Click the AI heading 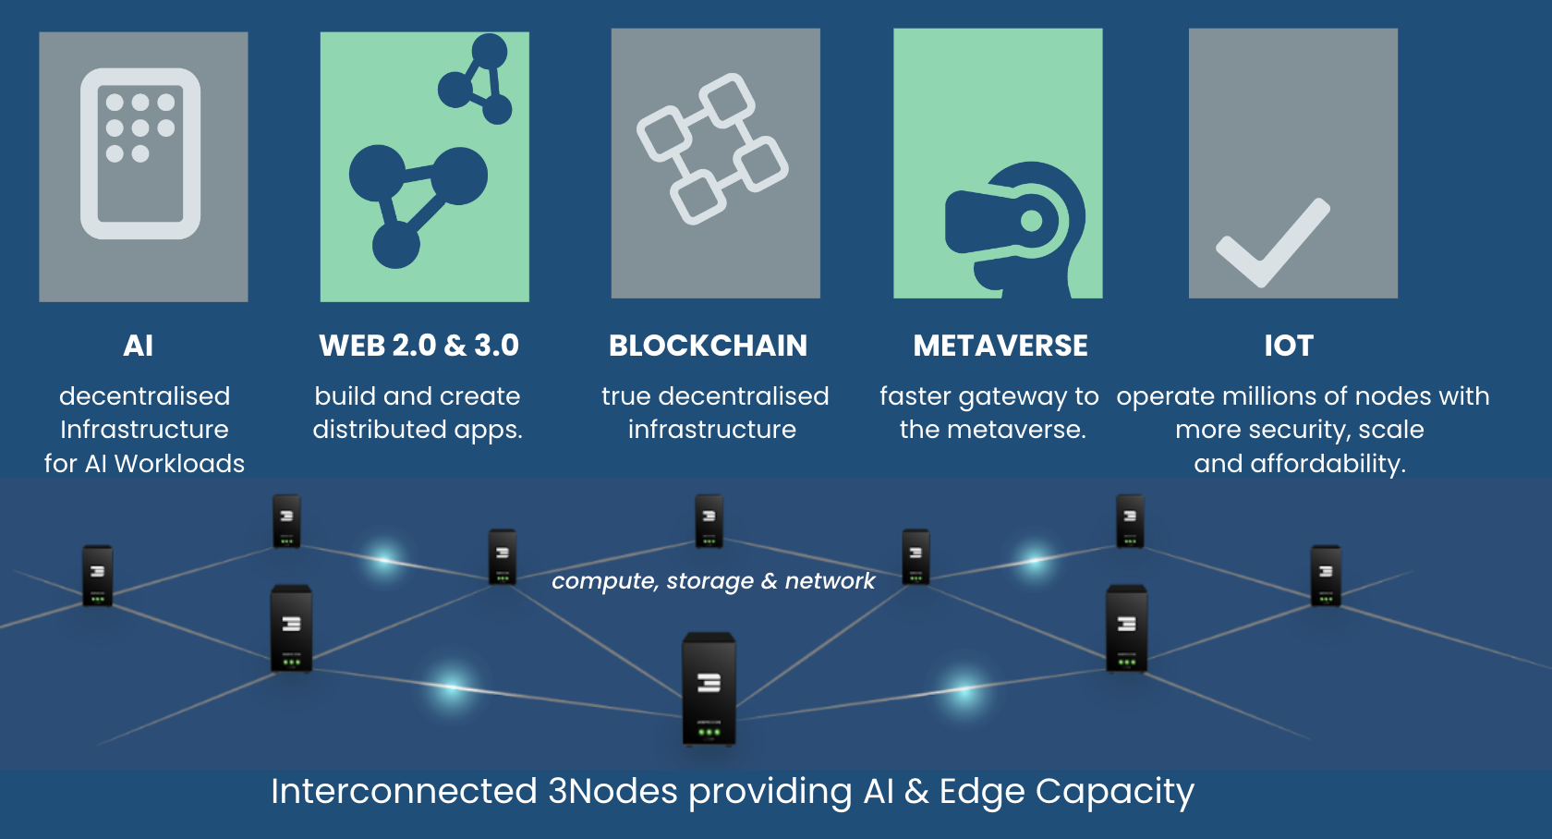(x=139, y=346)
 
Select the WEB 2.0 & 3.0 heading (x=418, y=346)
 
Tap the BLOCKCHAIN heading (x=708, y=346)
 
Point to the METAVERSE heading (x=1000, y=346)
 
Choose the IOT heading (x=1289, y=346)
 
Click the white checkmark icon (x=1273, y=242)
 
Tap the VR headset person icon (x=1016, y=227)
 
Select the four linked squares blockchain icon (x=712, y=148)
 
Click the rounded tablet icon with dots (x=140, y=153)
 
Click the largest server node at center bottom (x=709, y=688)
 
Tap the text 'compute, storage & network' (x=712, y=580)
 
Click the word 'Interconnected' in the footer (x=404, y=791)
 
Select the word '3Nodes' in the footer (x=612, y=791)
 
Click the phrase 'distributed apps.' (x=418, y=430)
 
